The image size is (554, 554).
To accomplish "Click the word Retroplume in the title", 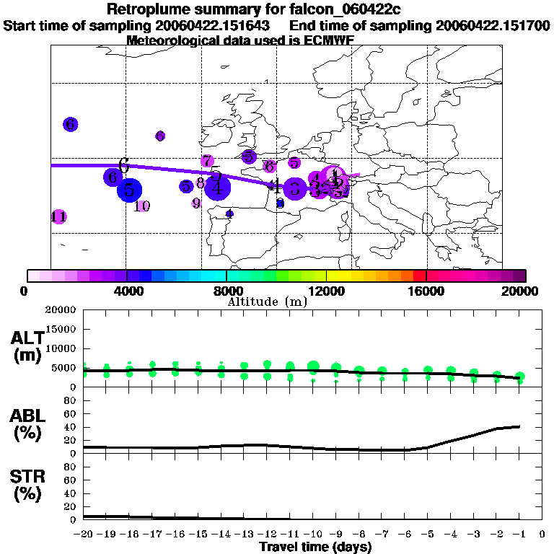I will [148, 9].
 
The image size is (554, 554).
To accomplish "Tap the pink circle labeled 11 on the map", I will [59, 216].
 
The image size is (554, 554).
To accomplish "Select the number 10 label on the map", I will [142, 206].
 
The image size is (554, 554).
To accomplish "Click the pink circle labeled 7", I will [207, 161].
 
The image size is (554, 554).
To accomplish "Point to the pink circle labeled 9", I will [196, 203].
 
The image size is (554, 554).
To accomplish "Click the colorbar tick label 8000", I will [227, 291].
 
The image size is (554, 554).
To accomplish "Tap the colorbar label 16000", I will [426, 291].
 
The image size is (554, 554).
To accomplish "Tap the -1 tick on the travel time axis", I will [519, 535].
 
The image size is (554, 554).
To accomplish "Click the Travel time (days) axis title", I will [315, 547].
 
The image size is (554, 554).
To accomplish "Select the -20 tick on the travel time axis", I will [84, 535].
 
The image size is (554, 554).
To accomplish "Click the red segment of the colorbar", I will [420, 276].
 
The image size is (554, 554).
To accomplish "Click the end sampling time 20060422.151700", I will [493, 25].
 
